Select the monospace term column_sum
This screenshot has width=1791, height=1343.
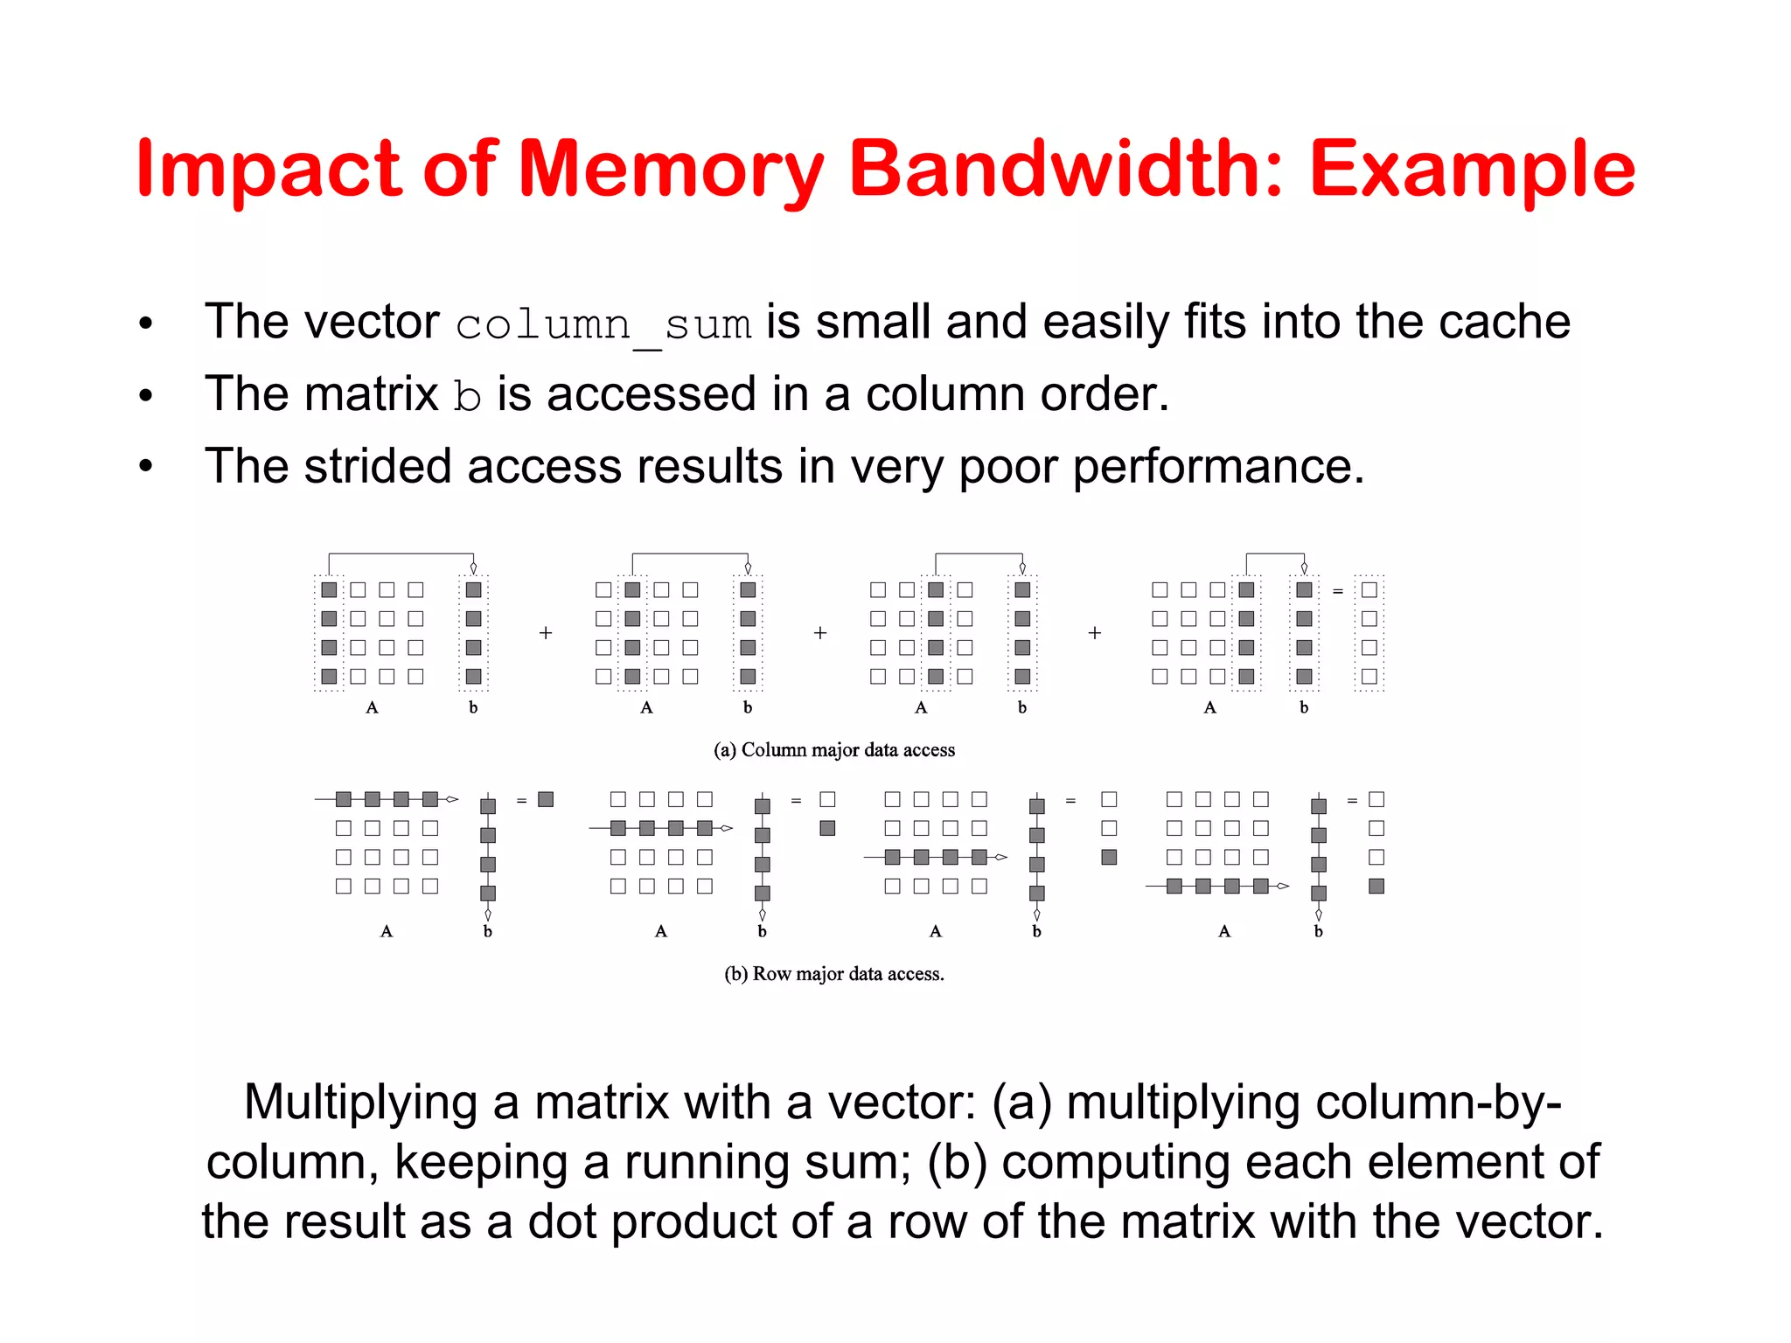(x=603, y=324)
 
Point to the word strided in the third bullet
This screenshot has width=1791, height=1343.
(x=377, y=466)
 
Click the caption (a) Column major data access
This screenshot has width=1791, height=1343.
(x=834, y=750)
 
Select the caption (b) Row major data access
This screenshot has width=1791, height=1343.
(x=834, y=974)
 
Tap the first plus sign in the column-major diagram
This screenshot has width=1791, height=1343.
(x=546, y=633)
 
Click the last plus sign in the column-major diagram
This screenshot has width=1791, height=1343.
(x=1094, y=633)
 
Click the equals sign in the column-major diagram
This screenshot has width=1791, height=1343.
(x=1337, y=592)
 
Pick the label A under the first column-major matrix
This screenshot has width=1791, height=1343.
(x=373, y=707)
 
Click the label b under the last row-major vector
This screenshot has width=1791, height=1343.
(x=1319, y=932)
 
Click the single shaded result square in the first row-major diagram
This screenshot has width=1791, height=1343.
(x=546, y=799)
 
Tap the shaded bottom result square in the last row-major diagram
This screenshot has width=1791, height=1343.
(x=1376, y=886)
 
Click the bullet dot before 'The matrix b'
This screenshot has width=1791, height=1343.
(x=146, y=395)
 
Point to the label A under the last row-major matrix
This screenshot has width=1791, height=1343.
(x=1224, y=932)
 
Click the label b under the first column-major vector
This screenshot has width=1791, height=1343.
(x=473, y=707)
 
